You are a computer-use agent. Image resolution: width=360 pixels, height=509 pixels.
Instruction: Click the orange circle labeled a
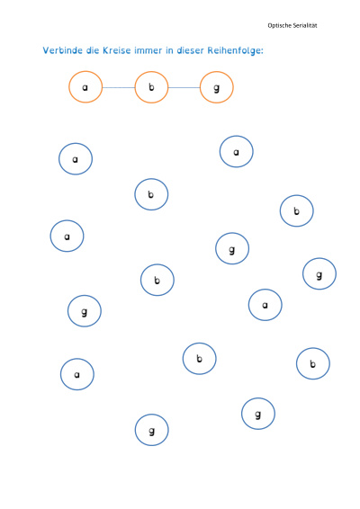point(69,87)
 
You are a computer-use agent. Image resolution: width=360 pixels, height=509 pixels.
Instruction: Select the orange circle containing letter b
point(135,87)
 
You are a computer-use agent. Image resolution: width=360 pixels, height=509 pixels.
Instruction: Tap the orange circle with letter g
point(200,87)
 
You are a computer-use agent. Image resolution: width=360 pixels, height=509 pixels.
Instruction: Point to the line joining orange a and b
point(119,87)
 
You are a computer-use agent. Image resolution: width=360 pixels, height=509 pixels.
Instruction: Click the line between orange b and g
point(184,87)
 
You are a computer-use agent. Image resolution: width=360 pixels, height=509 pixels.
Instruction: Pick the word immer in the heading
point(148,50)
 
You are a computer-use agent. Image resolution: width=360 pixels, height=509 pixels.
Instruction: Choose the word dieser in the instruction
point(191,50)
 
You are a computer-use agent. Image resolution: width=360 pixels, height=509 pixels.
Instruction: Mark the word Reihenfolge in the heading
point(234,51)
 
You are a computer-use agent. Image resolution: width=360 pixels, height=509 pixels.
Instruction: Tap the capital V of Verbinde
point(46,50)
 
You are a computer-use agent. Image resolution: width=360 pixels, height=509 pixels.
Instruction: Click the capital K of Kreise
point(105,50)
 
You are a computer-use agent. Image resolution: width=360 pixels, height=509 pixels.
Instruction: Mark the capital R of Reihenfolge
point(211,50)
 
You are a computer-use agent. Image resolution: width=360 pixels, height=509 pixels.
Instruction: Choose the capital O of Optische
point(270,26)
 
